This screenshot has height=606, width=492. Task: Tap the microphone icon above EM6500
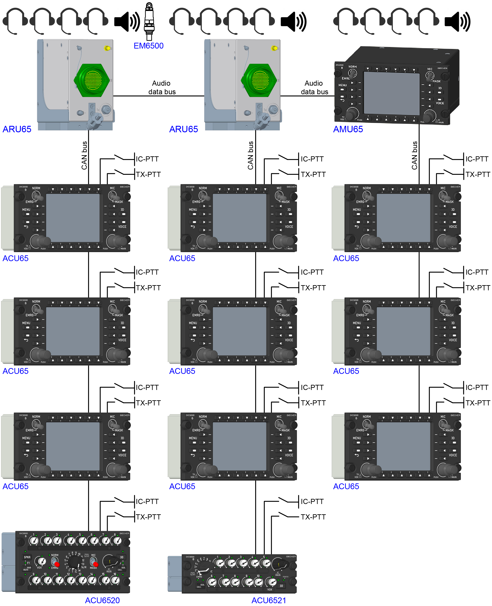click(149, 21)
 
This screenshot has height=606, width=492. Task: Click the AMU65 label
click(348, 129)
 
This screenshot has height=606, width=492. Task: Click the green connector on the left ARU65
click(92, 80)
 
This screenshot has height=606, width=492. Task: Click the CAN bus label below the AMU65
click(414, 155)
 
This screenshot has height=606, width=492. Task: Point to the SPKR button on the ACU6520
click(27, 557)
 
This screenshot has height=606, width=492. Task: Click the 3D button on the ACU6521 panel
click(281, 586)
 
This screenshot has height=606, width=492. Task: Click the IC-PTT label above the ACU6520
click(147, 501)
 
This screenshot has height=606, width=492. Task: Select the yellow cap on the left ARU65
click(107, 48)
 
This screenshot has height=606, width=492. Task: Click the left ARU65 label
click(17, 129)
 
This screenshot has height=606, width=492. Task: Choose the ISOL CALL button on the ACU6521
click(201, 586)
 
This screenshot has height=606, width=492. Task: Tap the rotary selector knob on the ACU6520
click(75, 561)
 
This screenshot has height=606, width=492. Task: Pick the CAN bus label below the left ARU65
click(84, 155)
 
